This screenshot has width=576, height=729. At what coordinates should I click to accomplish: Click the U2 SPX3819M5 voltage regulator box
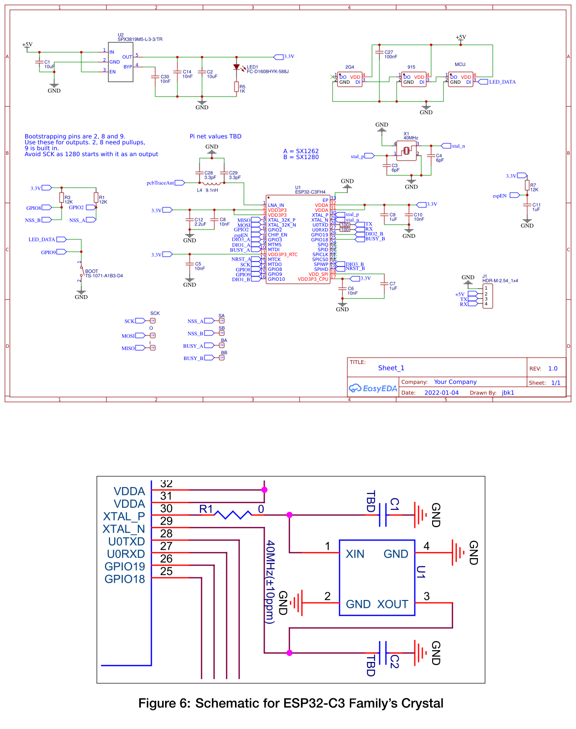click(x=121, y=62)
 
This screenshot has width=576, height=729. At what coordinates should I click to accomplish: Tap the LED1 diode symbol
click(x=237, y=67)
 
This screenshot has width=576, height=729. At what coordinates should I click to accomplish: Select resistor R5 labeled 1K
click(x=237, y=87)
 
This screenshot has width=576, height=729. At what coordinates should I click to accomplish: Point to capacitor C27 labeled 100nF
click(x=379, y=52)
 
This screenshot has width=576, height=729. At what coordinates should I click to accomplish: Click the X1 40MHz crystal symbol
click(x=407, y=150)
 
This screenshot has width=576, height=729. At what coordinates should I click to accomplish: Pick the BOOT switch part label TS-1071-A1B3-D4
click(x=104, y=276)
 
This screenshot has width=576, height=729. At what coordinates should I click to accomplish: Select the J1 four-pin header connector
click(x=487, y=296)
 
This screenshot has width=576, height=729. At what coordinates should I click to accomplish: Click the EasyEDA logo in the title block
click(x=373, y=388)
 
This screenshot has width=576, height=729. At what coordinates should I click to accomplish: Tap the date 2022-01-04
click(x=441, y=393)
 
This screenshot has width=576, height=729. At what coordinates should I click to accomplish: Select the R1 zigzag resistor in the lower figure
click(x=233, y=515)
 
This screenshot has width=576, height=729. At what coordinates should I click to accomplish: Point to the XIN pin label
click(x=355, y=554)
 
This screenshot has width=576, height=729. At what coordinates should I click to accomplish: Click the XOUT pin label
click(x=393, y=604)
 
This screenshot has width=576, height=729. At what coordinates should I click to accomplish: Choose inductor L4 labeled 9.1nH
click(x=212, y=183)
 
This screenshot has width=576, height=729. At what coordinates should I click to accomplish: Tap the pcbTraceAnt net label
click(x=160, y=183)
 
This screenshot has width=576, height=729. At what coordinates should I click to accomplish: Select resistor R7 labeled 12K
click(x=527, y=185)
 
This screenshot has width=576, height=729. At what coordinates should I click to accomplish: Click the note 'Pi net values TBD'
click(x=215, y=136)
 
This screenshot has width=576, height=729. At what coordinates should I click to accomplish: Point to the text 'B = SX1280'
click(x=301, y=157)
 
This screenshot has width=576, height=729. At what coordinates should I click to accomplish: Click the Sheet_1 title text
click(x=391, y=368)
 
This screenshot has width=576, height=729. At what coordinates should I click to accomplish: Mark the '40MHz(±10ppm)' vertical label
click(x=271, y=582)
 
